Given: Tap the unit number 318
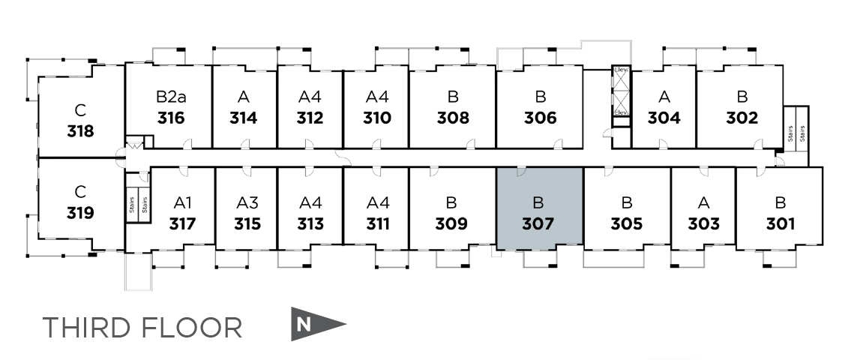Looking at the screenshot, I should pos(80,132).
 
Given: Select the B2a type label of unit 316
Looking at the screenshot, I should pos(171,97).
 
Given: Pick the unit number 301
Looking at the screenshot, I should pos(781,223).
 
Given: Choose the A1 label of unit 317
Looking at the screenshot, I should pos(182,202).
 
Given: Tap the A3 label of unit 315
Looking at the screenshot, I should pos(247,202).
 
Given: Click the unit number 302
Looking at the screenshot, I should pos(742,118).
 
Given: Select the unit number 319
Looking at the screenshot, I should pos(80,213).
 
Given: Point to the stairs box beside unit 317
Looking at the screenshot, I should pos(137,198).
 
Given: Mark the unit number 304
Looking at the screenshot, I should pos(664,118).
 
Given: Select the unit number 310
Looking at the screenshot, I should pos(376,118).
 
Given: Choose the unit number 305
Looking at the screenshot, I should pos(627,223).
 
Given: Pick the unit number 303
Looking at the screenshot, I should pos(703,223).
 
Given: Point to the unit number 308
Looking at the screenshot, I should pos(453,118).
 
